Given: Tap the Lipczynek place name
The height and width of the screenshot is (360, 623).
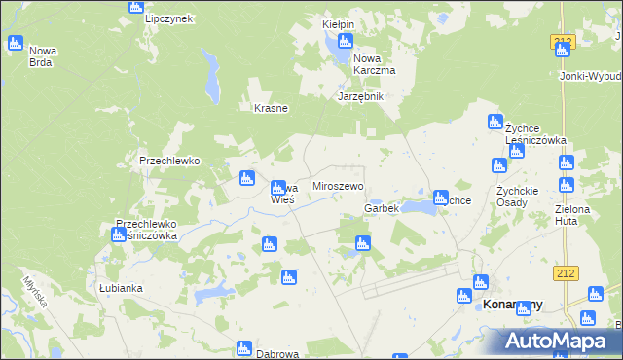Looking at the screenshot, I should [169, 18].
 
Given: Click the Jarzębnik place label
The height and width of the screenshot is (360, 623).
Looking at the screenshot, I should [361, 96].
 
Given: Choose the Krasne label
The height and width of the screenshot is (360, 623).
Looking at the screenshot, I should [271, 108].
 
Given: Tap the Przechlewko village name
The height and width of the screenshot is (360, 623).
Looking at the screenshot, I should [169, 161].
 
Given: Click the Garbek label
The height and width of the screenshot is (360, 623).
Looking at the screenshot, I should [382, 209].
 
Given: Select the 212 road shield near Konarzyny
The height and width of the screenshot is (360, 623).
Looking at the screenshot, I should [564, 274].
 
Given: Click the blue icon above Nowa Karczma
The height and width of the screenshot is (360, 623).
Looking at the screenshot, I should [344, 41].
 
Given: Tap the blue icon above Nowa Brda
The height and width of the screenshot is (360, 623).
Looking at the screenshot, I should [15, 43].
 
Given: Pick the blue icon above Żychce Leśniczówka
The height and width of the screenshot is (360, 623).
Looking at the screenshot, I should [493, 122].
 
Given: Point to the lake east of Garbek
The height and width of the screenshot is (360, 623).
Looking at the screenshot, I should [419, 206].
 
